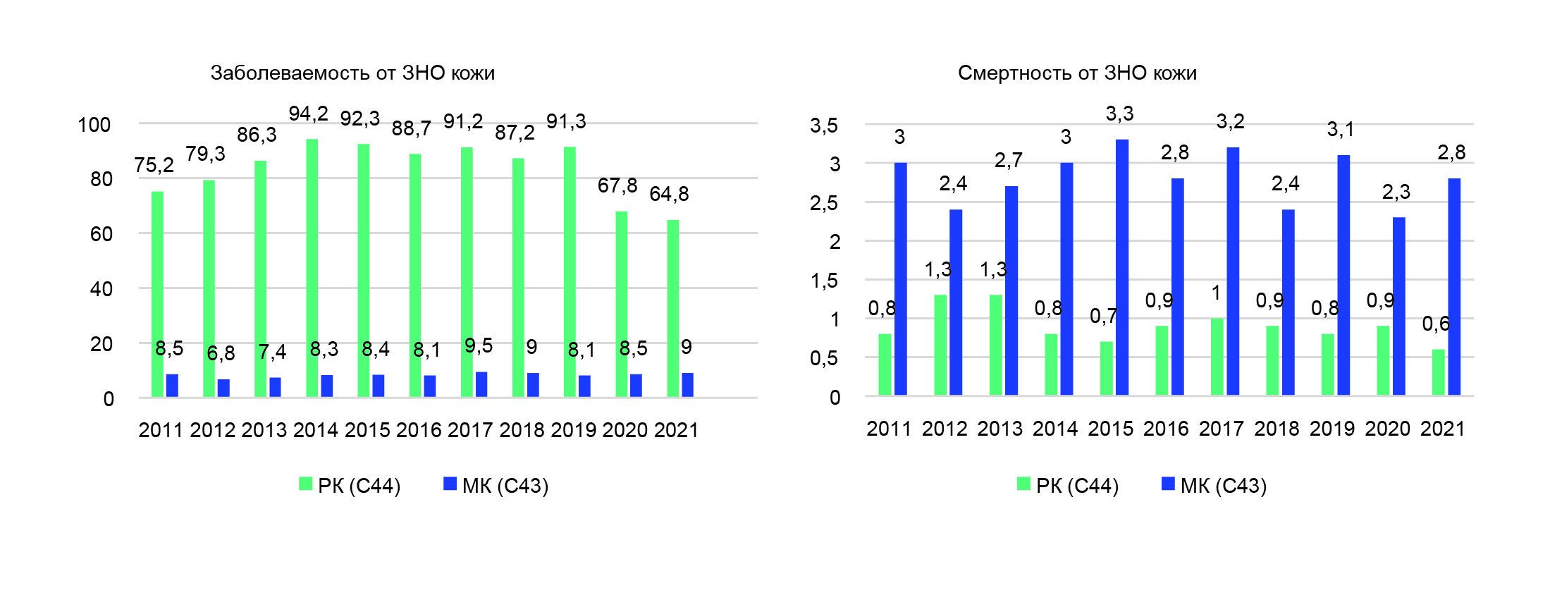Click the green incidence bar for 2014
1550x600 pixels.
(312, 268)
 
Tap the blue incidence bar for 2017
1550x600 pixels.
(481, 384)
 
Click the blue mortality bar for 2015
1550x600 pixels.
(1122, 267)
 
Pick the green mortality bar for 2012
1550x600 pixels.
(940, 345)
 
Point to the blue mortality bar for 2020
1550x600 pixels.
(1399, 306)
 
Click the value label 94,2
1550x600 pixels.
(308, 114)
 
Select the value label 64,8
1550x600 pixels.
(669, 194)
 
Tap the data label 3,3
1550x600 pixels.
(1119, 114)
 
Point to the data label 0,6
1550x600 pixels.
(1436, 324)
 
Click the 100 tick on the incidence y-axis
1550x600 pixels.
(94, 125)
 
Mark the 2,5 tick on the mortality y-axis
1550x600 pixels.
(824, 203)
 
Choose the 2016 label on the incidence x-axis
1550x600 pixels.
(419, 430)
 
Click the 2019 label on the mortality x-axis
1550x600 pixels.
(1332, 429)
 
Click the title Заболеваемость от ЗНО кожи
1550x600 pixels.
(352, 73)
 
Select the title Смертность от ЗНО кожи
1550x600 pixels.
(1077, 73)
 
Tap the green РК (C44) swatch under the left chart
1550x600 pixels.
(305, 484)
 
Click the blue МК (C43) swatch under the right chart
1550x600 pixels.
(1168, 484)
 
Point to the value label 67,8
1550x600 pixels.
(617, 185)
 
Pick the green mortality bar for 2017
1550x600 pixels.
(1217, 357)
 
